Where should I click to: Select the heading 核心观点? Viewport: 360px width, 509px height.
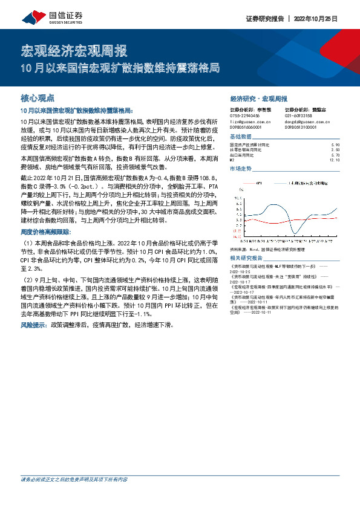[38, 97]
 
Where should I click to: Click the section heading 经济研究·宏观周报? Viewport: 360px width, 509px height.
[258, 98]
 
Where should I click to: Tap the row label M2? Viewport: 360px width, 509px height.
[233, 160]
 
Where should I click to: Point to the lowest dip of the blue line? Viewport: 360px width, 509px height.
[295, 233]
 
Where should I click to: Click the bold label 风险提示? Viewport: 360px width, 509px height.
[34, 325]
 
